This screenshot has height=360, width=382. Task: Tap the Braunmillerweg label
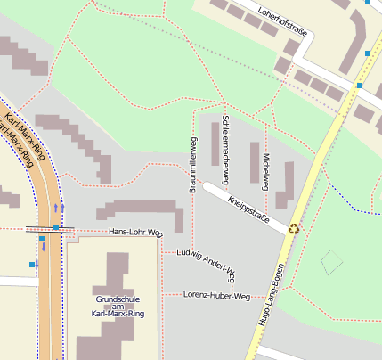(x=192, y=166)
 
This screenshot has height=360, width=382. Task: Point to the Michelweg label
(x=264, y=169)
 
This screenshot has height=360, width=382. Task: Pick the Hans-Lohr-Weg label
(x=135, y=233)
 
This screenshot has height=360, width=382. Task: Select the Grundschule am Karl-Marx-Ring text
(x=119, y=306)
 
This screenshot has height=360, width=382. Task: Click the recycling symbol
(x=294, y=229)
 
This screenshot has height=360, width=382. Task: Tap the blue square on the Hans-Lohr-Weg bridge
(x=55, y=228)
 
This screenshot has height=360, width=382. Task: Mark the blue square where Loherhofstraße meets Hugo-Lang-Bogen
(x=360, y=86)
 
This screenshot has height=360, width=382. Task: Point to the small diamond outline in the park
(x=332, y=262)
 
